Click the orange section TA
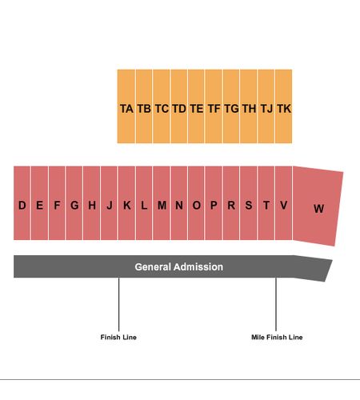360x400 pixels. coord(126,106)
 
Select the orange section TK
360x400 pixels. coord(283,106)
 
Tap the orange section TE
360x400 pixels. coord(196,106)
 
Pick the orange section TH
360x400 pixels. coord(248,106)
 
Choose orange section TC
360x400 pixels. coord(162,106)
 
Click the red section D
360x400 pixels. coord(22,203)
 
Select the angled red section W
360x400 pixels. coord(318,206)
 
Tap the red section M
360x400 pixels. coord(162,203)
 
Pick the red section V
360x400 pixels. coord(283,203)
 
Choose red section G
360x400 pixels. coord(74,203)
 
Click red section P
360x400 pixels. coord(214,203)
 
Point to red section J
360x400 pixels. coord(109,203)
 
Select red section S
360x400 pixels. coord(248,203)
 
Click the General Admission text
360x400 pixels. coord(179,267)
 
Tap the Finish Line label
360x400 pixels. coord(118,337)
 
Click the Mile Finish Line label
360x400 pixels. coord(277,337)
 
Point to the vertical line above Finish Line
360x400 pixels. coord(118,304)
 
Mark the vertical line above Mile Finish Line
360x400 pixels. coord(276,304)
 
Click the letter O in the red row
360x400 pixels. coord(197,205)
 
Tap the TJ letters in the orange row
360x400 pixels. coord(266,109)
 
